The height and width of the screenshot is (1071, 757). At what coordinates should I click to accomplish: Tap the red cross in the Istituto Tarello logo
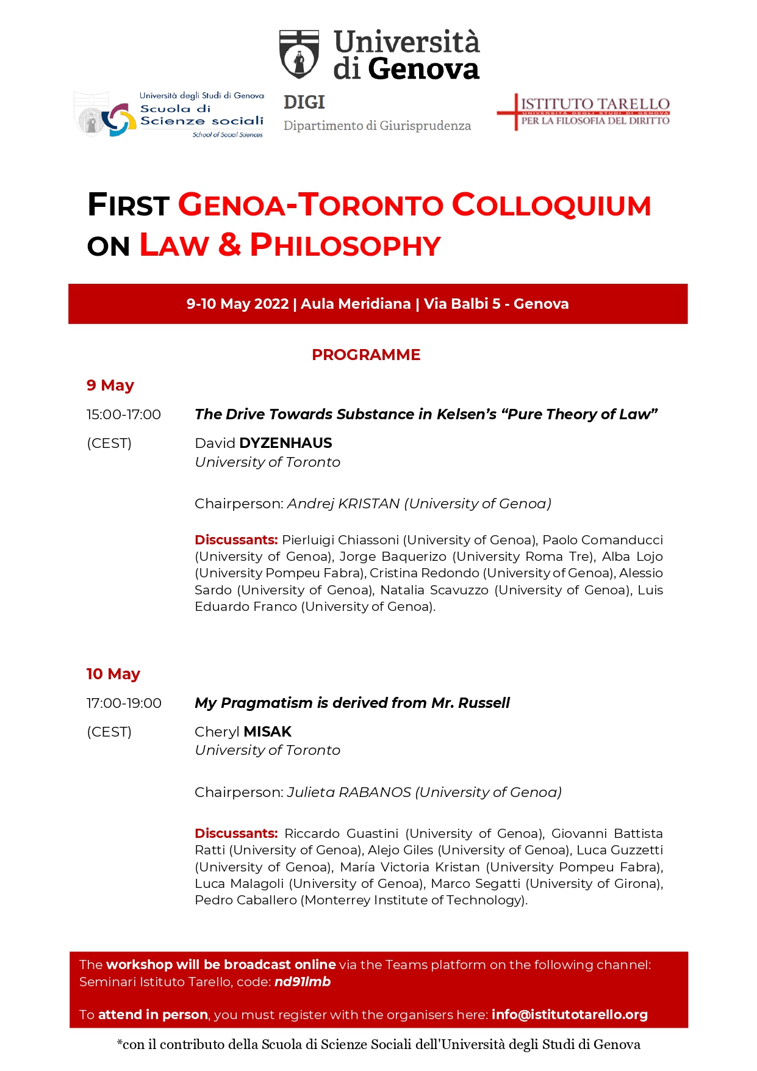(516, 112)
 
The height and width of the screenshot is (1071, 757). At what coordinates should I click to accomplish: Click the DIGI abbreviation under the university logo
(304, 103)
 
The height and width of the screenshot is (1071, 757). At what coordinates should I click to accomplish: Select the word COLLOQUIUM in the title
(551, 205)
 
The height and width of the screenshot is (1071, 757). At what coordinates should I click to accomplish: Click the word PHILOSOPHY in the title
(345, 245)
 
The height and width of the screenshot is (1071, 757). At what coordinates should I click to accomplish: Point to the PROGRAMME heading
(366, 355)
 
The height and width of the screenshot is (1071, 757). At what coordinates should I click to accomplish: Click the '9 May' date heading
(110, 386)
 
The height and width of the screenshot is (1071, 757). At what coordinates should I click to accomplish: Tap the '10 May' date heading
(113, 674)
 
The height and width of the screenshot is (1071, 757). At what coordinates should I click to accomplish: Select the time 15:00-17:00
(124, 415)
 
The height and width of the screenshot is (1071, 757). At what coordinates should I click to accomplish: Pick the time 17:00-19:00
(124, 704)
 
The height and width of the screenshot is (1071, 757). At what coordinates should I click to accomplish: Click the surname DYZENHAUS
(286, 443)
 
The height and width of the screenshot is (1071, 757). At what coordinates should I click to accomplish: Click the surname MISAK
(268, 732)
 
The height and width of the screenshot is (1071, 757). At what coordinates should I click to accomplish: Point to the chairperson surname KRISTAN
(369, 504)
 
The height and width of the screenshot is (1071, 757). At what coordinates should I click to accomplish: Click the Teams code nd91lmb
(303, 982)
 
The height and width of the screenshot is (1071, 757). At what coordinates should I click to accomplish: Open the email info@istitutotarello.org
(570, 1015)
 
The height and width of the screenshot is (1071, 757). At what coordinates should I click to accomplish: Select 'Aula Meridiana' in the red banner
(356, 304)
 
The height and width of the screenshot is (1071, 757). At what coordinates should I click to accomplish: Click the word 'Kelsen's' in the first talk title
(467, 414)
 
